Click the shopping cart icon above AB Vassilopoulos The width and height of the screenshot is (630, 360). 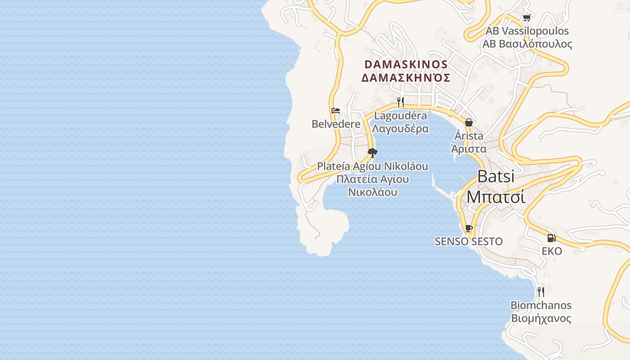[526, 18]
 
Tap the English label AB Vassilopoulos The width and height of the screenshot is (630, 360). [527, 31]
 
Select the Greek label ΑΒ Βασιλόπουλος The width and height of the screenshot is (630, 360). [527, 44]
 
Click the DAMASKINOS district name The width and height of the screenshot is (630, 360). [406, 64]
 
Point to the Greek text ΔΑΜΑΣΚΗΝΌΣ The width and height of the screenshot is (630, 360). [406, 78]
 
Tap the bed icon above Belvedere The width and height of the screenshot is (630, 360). [336, 111]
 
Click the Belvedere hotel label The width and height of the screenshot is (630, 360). [336, 124]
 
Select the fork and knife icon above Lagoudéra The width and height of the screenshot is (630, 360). [400, 102]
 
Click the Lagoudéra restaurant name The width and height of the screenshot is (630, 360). [400, 116]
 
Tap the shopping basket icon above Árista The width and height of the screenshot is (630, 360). [469, 122]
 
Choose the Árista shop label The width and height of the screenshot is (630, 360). [469, 135]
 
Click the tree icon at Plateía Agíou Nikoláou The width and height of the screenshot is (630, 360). [372, 153]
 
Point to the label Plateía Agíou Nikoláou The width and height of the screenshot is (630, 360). [373, 166]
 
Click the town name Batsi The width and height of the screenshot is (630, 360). [495, 176]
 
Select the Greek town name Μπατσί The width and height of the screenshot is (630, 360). [495, 197]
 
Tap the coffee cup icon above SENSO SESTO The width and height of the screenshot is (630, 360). [468, 228]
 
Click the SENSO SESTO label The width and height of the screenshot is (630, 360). [468, 242]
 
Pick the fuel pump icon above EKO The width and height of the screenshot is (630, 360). [552, 238]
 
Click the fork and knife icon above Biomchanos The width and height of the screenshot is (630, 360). [540, 292]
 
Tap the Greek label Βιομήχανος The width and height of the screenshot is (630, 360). [540, 319]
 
